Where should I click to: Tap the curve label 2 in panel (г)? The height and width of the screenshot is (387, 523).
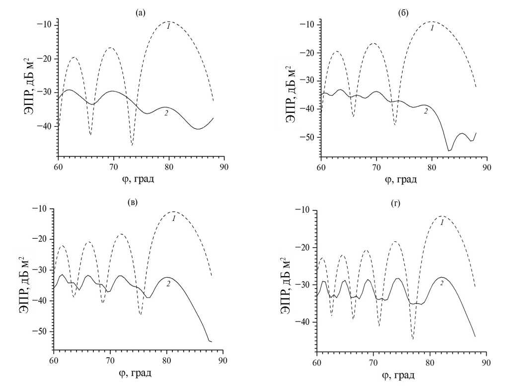point(441,283)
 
